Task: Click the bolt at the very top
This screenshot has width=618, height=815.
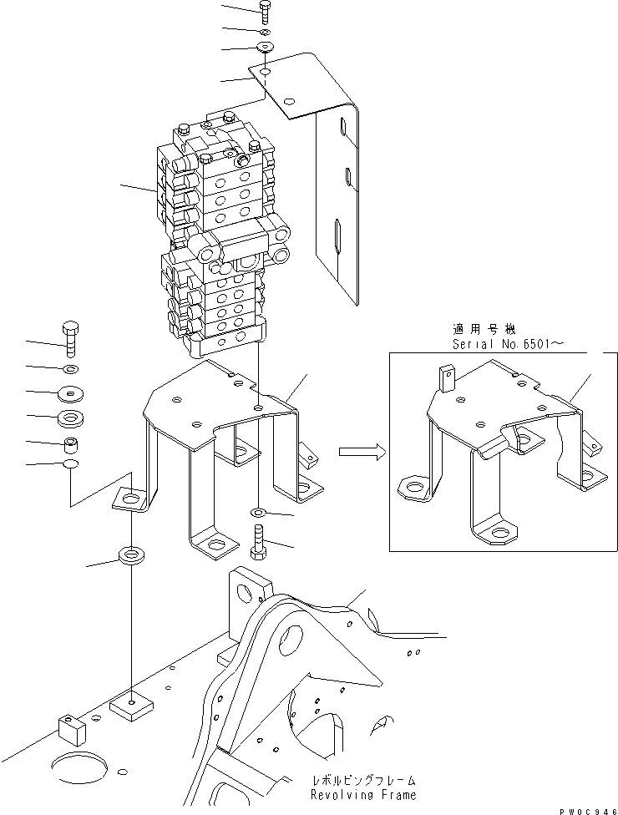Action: coord(265,11)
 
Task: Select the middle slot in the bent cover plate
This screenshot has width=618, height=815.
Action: coord(347,177)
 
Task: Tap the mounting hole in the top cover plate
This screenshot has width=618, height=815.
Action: coord(265,73)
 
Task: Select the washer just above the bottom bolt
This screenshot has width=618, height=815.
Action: coord(257,511)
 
